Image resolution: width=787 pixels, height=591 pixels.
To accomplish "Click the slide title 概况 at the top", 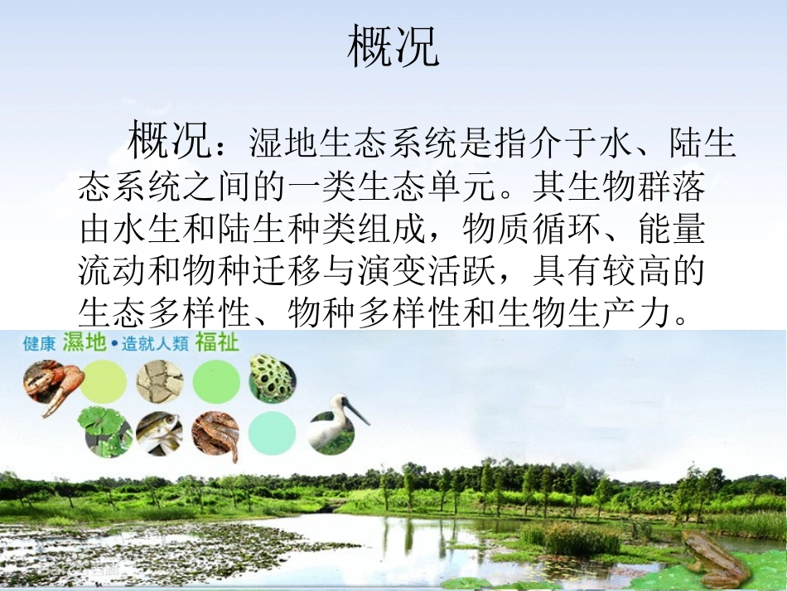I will (393, 46).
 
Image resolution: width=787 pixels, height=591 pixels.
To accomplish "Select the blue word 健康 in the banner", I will (40, 343).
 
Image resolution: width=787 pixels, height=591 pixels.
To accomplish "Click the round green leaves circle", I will (104, 430).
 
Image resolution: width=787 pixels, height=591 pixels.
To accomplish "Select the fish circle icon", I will (160, 432).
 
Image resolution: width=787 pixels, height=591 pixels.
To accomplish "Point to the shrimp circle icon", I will (216, 434).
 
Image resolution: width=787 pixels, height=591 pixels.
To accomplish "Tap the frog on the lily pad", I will (713, 560).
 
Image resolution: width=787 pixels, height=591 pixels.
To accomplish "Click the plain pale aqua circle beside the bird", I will (272, 433).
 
